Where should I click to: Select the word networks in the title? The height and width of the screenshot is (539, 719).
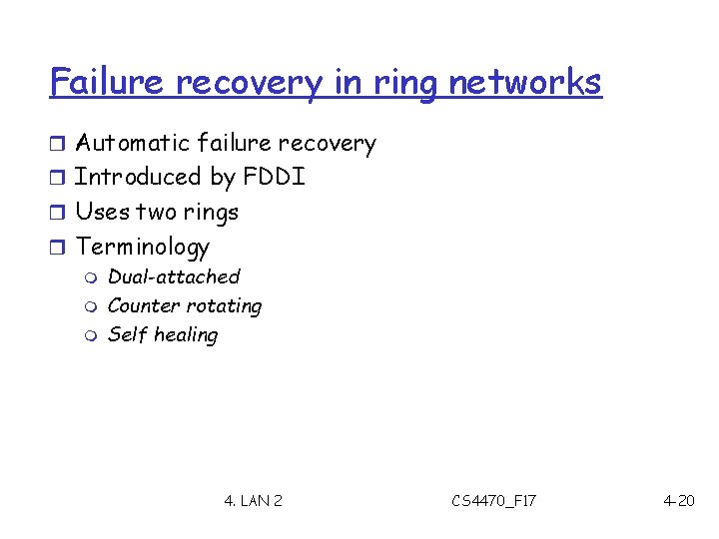click(x=525, y=82)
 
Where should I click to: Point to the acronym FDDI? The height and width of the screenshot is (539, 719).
click(x=273, y=178)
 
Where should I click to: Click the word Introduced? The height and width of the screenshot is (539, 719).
click(x=139, y=178)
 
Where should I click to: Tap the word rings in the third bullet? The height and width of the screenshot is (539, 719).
click(x=212, y=212)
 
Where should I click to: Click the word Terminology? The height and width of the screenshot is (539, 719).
click(x=143, y=247)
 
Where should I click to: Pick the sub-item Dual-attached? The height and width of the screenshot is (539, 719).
click(x=174, y=276)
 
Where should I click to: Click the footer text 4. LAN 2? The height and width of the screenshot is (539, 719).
click(x=253, y=500)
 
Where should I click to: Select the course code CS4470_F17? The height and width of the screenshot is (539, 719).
click(x=493, y=500)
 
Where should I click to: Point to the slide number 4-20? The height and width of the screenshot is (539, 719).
click(x=678, y=500)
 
